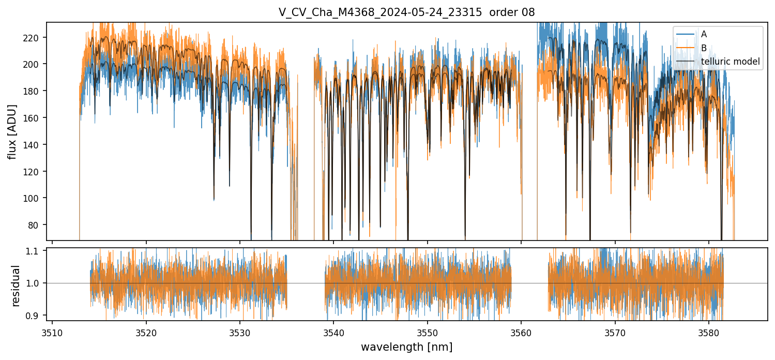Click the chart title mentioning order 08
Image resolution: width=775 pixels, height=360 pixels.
pyautogui.click(x=406, y=12)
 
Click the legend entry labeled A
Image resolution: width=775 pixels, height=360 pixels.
pyautogui.click(x=704, y=35)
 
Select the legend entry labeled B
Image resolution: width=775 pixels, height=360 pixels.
pyautogui.click(x=704, y=48)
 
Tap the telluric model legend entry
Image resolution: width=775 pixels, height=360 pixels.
pyautogui.click(x=730, y=62)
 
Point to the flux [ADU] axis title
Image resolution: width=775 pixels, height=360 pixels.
pyautogui.click(x=12, y=131)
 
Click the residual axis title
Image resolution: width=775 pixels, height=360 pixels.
pyautogui.click(x=16, y=286)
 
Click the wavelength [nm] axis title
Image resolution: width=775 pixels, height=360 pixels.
pyautogui.click(x=406, y=347)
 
